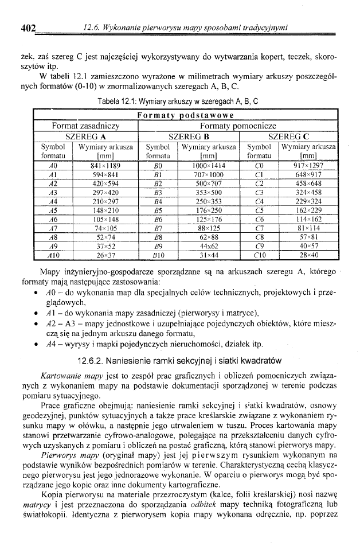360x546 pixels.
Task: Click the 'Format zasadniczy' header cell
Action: pos(85,126)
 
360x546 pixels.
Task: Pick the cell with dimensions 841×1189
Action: pos(105,165)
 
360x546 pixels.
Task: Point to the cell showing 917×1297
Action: pos(308,165)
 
